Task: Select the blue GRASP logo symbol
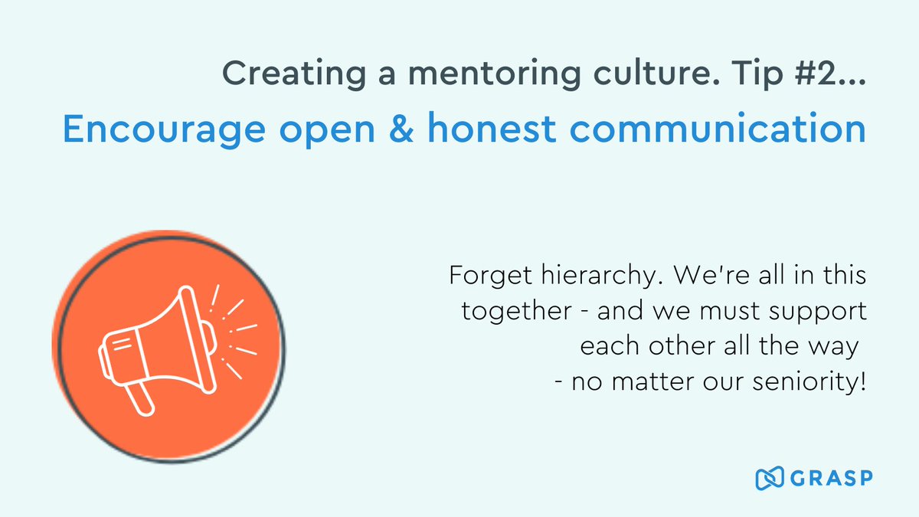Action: (x=769, y=479)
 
